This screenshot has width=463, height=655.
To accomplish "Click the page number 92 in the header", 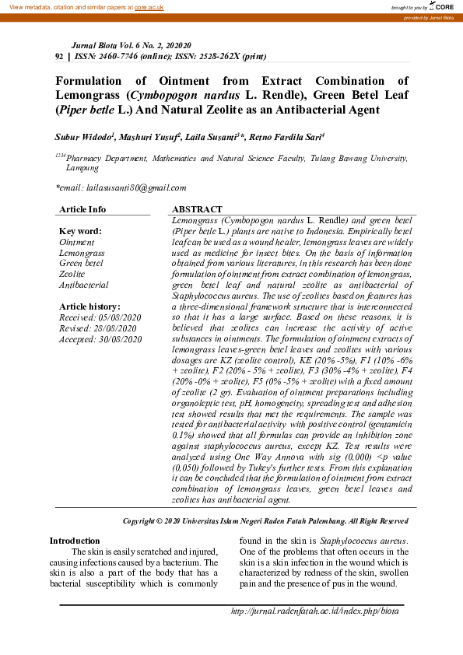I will tap(60, 57).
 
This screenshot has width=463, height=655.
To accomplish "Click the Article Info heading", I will tap(82, 209).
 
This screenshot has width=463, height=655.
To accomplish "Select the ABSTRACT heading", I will tap(196, 210).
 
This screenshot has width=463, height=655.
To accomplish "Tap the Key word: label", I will tap(80, 231).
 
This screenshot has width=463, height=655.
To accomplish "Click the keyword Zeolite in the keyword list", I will tap(72, 275).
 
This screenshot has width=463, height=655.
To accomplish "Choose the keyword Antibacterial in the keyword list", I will tap(83, 285).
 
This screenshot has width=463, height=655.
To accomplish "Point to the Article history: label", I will tap(89, 307).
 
